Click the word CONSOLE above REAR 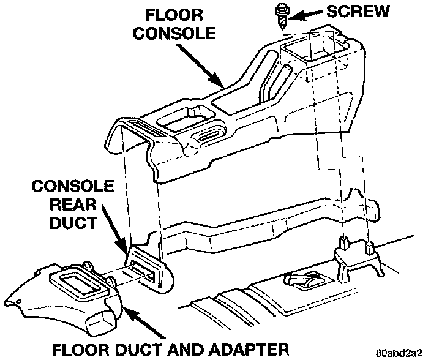coord(73,185)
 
